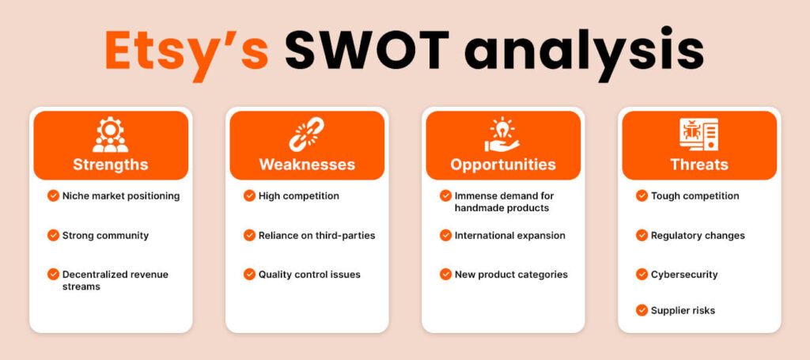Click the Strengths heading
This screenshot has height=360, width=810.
point(111,165)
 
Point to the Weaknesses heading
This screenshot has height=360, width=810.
point(307,165)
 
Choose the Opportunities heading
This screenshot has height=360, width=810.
point(503,165)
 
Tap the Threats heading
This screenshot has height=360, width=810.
point(699,165)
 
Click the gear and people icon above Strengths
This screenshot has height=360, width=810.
point(111,135)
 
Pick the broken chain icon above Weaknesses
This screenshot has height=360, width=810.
point(307,135)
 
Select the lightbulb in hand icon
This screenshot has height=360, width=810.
point(502,135)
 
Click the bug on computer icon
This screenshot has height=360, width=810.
point(699,135)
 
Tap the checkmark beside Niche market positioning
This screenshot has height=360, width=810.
point(53,195)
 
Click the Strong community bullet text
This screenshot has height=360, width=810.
point(105,236)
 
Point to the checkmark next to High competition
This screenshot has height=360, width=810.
point(249,195)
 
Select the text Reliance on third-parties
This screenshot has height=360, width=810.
point(316,236)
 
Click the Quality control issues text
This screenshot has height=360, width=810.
point(309,275)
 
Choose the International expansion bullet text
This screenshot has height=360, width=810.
point(510,236)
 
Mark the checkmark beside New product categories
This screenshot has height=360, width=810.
point(446,275)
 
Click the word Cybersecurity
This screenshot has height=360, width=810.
point(684,275)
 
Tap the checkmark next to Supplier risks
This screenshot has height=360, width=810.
point(642,310)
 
